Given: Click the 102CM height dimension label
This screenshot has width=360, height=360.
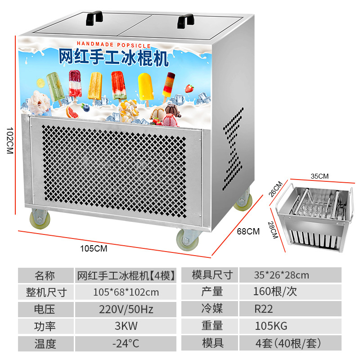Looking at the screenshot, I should [x=9, y=139].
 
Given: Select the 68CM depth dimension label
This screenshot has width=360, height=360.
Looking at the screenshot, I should [x=248, y=231].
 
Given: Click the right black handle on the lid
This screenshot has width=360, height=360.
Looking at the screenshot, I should [x=185, y=20].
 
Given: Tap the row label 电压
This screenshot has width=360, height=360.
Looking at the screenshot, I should [x=45, y=309].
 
